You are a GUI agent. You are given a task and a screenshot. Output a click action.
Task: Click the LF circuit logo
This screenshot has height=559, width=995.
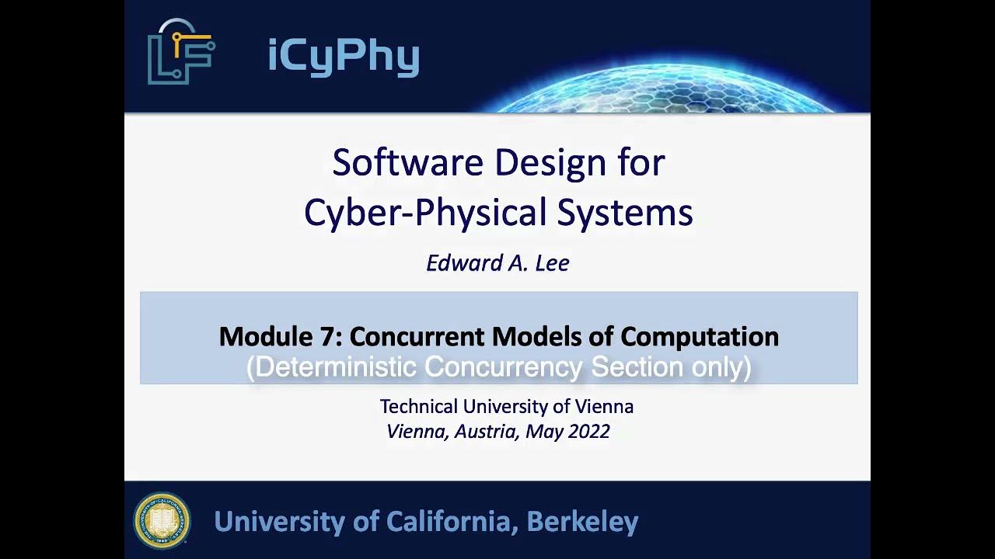[x=180, y=52]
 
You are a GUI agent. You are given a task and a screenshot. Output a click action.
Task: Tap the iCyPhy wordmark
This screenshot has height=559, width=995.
[x=343, y=56]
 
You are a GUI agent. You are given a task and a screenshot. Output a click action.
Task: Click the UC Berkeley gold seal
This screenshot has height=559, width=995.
[x=162, y=520]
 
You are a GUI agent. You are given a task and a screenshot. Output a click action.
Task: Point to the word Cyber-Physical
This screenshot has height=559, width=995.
[x=424, y=212]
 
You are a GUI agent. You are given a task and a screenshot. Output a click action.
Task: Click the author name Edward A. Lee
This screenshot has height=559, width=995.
[x=497, y=263]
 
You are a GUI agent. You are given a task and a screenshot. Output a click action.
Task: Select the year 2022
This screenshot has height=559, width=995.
[x=588, y=432]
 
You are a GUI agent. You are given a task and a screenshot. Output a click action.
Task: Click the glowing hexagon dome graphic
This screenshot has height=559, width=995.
[x=669, y=89]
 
